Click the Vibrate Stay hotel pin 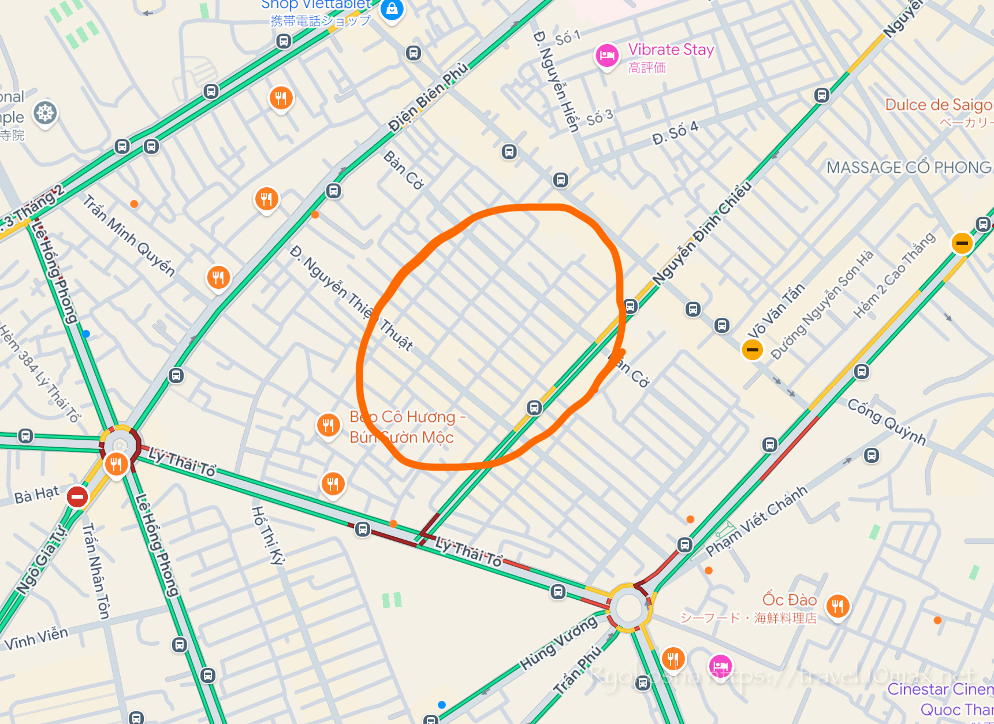click(x=606, y=56)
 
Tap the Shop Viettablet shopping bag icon click(x=392, y=9)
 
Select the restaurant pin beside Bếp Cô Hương click(x=328, y=426)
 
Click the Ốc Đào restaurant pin click(x=837, y=606)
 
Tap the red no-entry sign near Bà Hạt click(x=77, y=496)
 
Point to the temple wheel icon click(x=45, y=113)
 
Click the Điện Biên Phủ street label click(x=428, y=96)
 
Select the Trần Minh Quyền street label click(x=128, y=235)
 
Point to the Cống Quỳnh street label click(x=887, y=422)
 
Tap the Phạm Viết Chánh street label click(x=757, y=521)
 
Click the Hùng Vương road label click(x=559, y=643)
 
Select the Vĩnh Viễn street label click(x=36, y=638)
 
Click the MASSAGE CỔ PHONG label click(x=909, y=168)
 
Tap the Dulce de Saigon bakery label click(x=939, y=105)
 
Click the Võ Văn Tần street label click(x=776, y=310)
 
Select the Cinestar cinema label click(x=940, y=689)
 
